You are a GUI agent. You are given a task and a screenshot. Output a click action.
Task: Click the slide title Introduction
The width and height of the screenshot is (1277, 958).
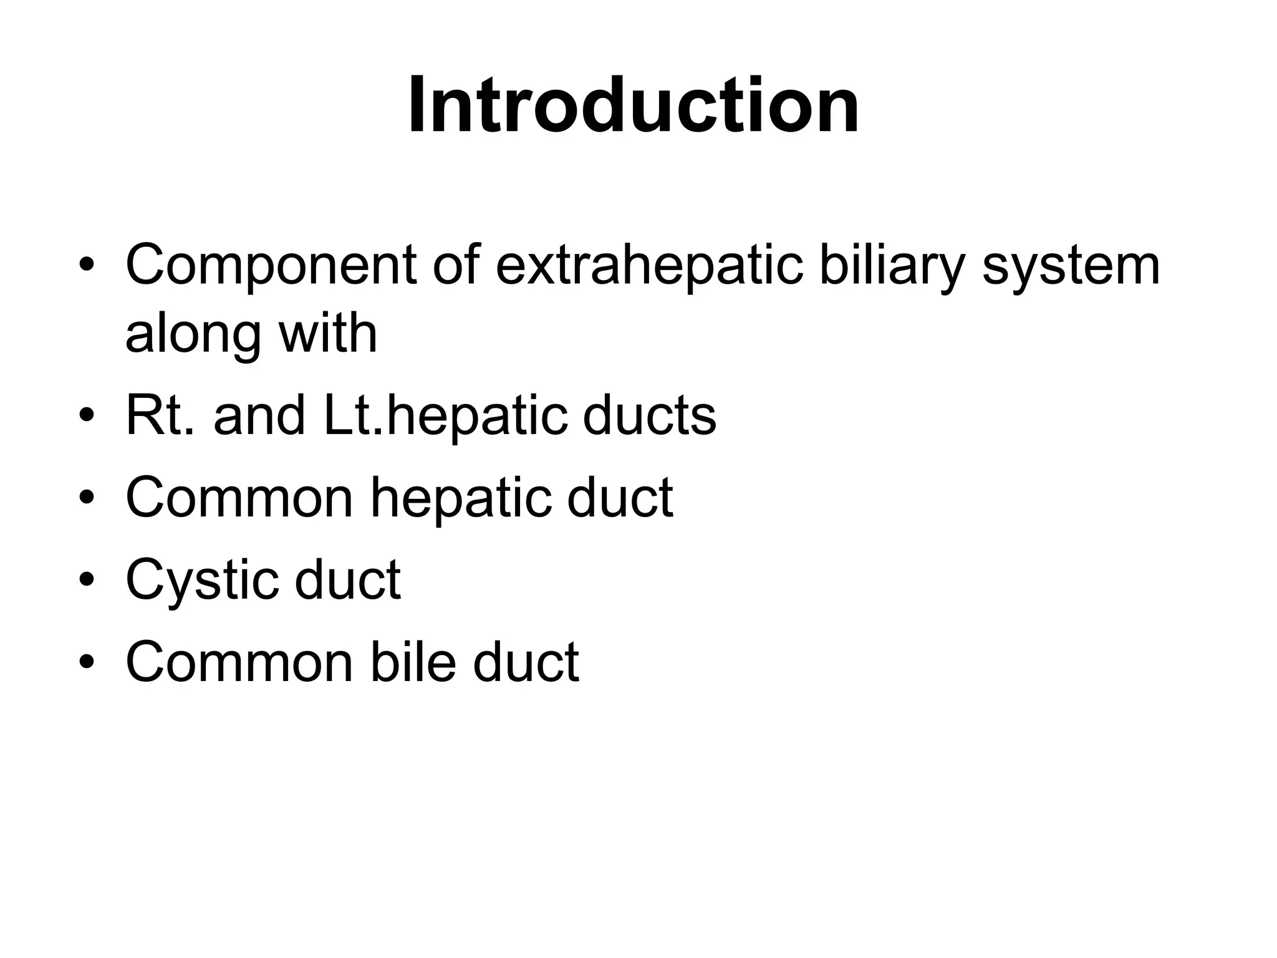click(x=634, y=105)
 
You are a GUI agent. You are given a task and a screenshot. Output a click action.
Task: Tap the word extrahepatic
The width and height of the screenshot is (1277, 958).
click(x=648, y=265)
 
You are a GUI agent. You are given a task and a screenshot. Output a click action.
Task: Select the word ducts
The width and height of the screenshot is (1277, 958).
click(x=649, y=415)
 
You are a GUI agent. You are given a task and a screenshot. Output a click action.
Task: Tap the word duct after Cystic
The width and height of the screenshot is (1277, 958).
click(x=347, y=580)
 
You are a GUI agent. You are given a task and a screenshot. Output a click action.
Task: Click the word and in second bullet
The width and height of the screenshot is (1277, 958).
click(x=259, y=415)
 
